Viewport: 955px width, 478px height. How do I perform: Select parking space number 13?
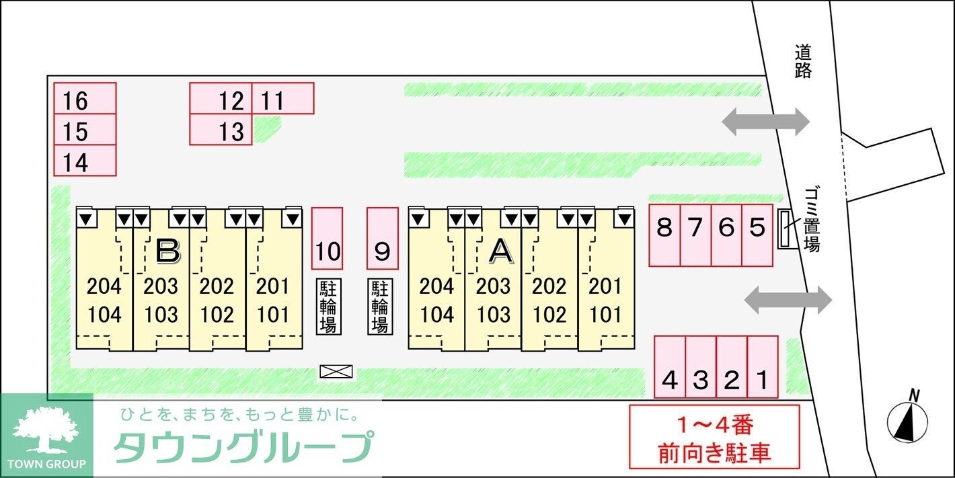221,130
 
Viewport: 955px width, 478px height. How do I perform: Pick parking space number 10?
328,238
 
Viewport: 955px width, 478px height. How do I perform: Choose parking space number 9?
382,238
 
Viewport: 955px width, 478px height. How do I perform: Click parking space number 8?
664,235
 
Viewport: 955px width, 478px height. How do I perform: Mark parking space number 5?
757,235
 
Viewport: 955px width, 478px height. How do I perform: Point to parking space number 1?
762,366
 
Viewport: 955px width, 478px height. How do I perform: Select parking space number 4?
670,366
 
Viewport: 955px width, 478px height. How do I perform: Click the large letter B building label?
167,251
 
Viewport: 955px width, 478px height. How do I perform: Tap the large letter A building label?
500,251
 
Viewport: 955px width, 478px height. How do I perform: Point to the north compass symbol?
907,421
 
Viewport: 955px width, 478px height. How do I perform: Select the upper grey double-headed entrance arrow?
765,121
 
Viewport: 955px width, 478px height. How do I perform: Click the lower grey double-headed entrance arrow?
788,299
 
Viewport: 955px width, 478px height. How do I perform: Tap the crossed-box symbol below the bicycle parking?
336,371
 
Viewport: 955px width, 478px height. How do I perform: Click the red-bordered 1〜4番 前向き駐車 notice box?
714,436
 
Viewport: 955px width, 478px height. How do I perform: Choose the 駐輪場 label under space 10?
329,307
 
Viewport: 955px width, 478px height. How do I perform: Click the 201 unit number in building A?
605,286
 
